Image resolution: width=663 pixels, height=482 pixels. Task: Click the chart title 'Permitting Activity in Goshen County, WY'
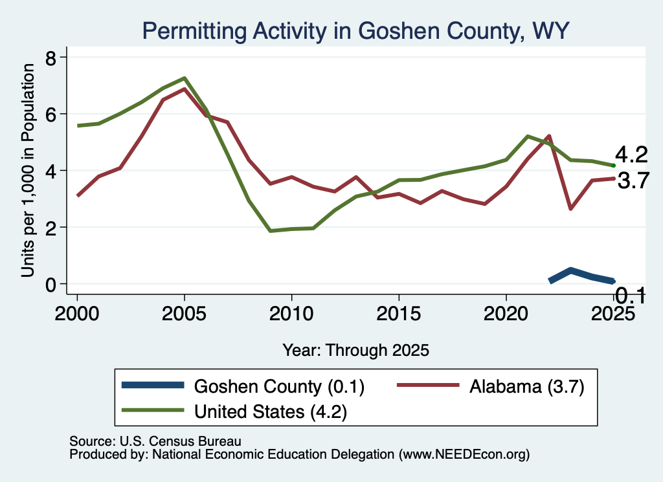tap(355, 31)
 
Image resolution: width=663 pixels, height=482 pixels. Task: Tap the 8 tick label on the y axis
tap(51, 58)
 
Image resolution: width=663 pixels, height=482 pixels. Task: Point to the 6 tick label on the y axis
tap(51, 115)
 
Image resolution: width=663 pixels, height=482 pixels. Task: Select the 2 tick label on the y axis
tap(51, 228)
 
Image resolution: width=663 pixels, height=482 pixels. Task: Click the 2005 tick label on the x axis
tap(184, 313)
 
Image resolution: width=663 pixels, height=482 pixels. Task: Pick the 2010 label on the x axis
tap(291, 313)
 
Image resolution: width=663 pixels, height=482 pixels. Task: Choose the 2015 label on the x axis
tap(399, 313)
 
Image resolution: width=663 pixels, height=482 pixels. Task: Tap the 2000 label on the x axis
tap(77, 313)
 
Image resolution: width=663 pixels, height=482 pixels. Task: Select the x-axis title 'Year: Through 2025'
tap(355, 350)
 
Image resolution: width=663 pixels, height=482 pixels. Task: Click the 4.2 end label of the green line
tap(631, 155)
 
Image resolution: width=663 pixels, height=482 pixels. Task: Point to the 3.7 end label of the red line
tap(633, 181)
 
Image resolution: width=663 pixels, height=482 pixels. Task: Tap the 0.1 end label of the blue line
tap(630, 295)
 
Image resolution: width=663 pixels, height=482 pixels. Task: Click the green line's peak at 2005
tap(185, 78)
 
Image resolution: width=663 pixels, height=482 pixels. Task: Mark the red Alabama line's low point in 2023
tap(571, 208)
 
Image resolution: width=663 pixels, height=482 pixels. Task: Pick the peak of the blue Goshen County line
tap(571, 270)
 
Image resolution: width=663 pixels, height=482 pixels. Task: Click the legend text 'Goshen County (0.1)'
tap(279, 386)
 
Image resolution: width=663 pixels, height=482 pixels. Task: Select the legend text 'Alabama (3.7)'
tap(527, 386)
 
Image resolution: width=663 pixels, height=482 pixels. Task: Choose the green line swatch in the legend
tap(153, 410)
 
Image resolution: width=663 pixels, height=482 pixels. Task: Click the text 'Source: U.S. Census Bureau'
tap(155, 441)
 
